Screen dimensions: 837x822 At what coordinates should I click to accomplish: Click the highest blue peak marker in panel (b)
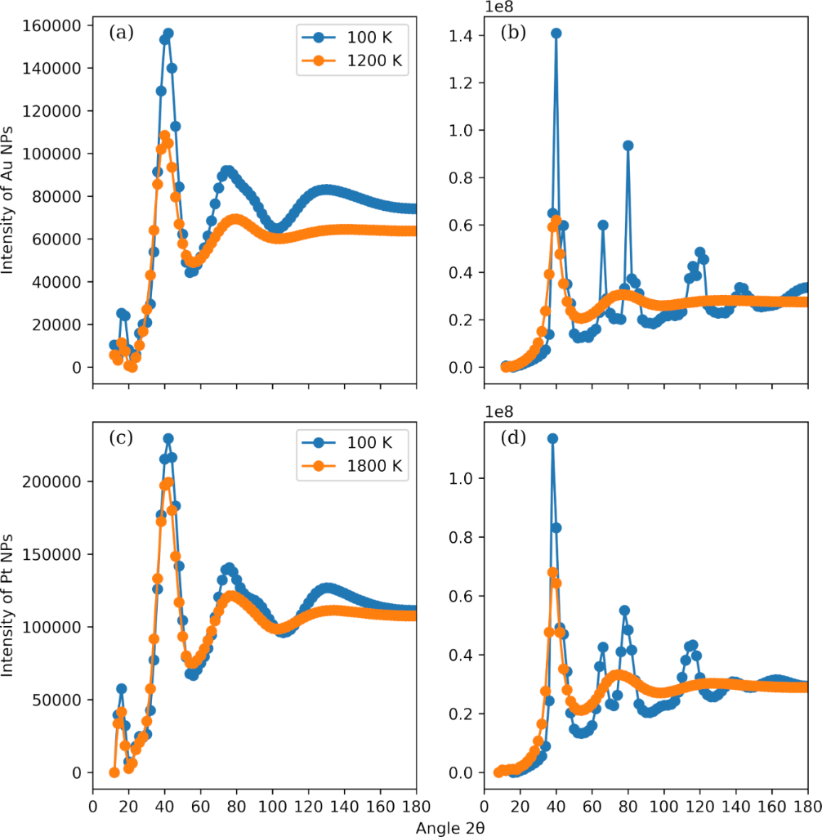(556, 34)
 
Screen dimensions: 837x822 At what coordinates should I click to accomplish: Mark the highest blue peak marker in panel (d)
(553, 438)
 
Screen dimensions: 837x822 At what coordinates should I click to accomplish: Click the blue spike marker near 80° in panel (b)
(628, 145)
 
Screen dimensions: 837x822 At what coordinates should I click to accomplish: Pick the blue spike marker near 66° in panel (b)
(603, 225)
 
